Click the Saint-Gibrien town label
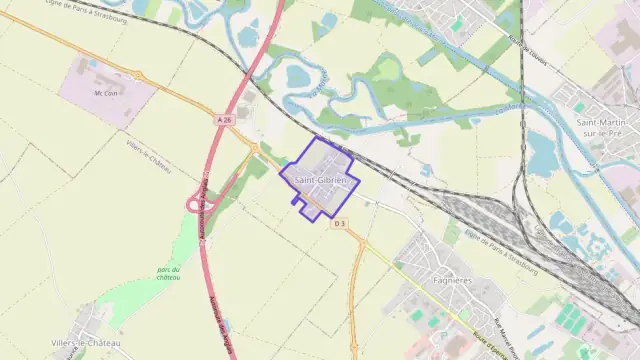click(x=319, y=180)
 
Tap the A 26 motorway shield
click(x=224, y=120)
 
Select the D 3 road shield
click(x=339, y=222)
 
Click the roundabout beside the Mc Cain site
click(x=138, y=76)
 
